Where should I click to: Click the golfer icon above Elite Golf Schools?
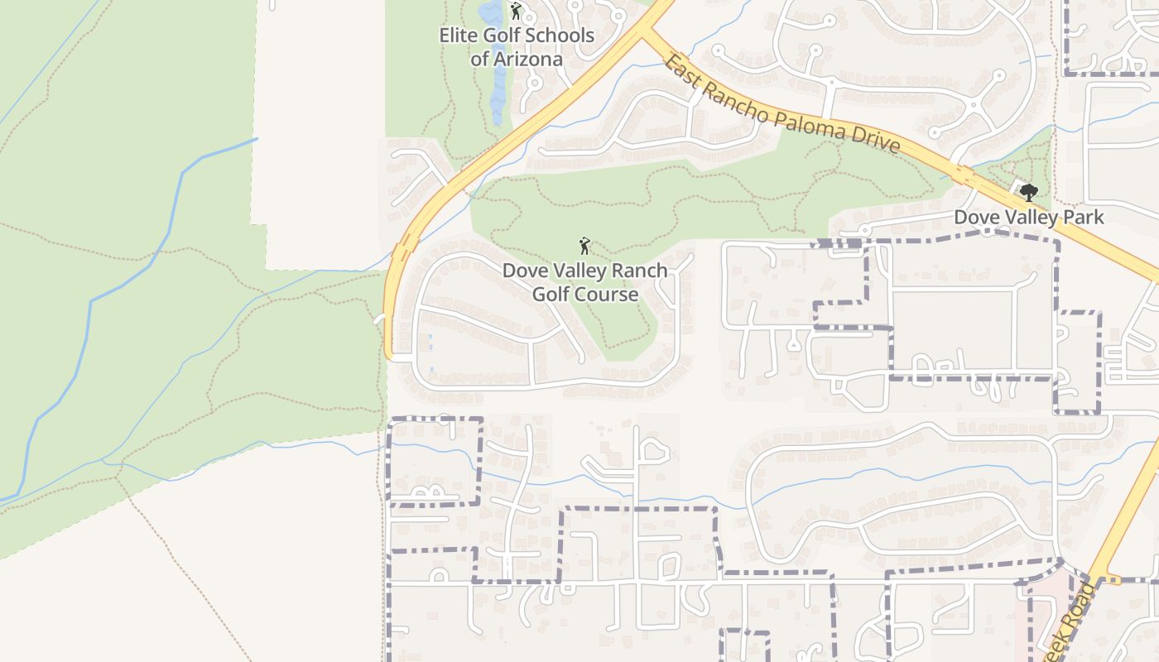[516, 12]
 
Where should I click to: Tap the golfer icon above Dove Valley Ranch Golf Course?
[584, 247]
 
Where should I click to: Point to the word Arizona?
[528, 60]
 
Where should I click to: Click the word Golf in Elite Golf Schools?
[510, 36]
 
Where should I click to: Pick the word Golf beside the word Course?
[551, 295]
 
